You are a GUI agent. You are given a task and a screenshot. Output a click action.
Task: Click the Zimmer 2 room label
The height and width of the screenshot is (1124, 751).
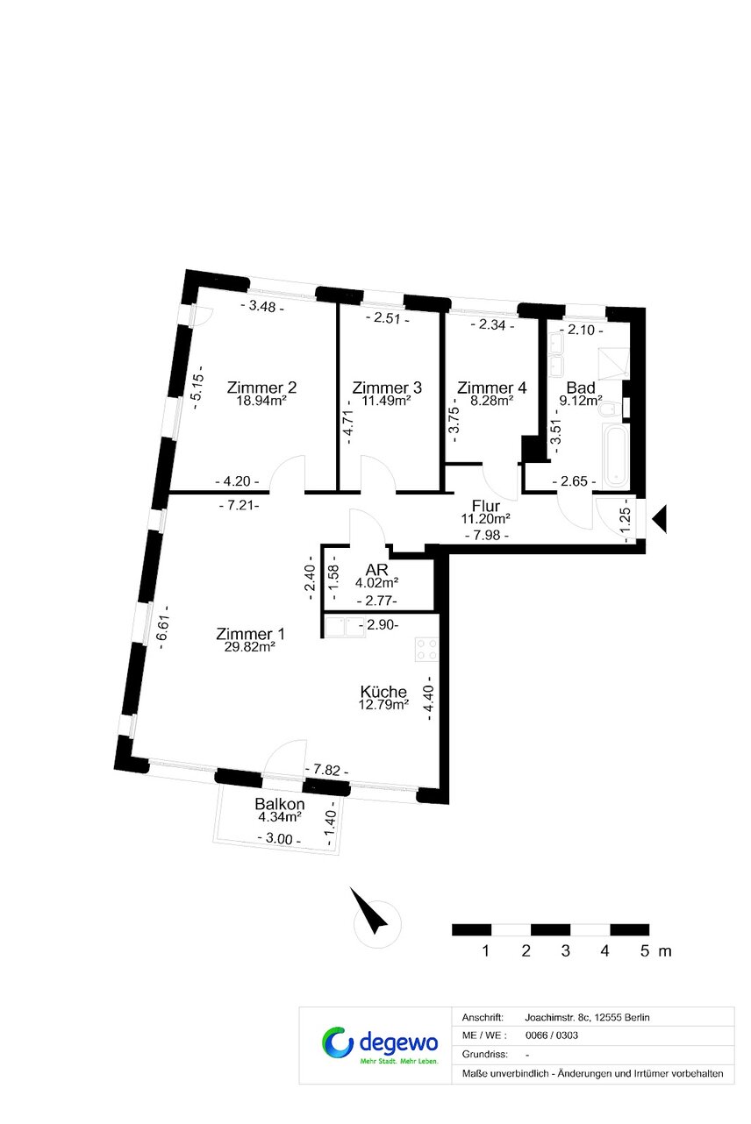[x=261, y=388]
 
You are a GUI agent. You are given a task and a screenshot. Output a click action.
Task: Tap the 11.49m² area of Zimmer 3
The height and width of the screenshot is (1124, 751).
[x=387, y=401]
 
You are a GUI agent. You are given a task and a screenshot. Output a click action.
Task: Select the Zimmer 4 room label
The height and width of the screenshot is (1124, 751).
[x=491, y=388]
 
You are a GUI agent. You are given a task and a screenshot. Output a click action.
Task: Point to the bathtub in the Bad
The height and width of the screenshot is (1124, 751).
[x=615, y=456]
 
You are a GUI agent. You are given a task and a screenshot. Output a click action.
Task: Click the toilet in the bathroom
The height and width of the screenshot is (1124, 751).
[x=607, y=409]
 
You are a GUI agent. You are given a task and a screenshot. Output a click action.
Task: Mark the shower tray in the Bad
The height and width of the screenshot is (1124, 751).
[x=612, y=363]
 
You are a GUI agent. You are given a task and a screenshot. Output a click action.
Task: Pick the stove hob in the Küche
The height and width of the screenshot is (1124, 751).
[x=426, y=649]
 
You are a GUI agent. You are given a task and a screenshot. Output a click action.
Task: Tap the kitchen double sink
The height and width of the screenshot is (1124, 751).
[x=345, y=627]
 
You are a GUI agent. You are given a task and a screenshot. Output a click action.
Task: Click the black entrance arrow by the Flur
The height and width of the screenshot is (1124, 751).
[x=659, y=519]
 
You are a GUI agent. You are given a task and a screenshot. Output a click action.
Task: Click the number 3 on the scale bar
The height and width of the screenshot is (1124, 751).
[x=565, y=950]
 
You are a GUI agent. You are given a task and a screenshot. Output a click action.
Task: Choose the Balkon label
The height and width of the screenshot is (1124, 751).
[x=280, y=803]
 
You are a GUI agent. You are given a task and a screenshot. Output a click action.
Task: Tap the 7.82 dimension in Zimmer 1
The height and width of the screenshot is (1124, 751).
[x=326, y=769]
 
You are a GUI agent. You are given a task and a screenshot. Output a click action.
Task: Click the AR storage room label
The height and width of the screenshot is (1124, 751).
[x=376, y=570]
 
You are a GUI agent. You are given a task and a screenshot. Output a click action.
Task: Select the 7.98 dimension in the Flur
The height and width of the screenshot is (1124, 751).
[x=486, y=535]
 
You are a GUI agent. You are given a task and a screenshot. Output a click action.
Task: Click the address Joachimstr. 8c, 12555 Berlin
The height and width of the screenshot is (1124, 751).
[x=587, y=1017]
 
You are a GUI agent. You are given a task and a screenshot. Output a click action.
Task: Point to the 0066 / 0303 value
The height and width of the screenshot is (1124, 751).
[x=552, y=1035]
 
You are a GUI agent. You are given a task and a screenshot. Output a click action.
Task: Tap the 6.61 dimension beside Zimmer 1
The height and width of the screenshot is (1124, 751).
[x=163, y=627]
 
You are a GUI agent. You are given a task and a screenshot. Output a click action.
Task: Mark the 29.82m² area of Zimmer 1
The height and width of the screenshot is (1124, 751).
[x=249, y=647]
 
